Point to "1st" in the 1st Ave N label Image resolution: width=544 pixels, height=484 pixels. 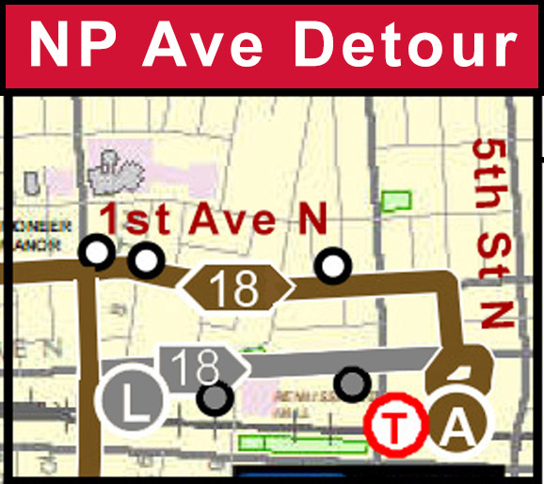tap(136, 219)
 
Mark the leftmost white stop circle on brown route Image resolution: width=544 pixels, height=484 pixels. tap(97, 253)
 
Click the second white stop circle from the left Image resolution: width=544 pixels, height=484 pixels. tap(144, 259)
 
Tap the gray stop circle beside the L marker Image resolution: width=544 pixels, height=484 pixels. tap(216, 398)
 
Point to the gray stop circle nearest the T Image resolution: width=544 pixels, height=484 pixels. tap(353, 382)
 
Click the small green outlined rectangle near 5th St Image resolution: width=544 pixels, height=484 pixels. tap(398, 200)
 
